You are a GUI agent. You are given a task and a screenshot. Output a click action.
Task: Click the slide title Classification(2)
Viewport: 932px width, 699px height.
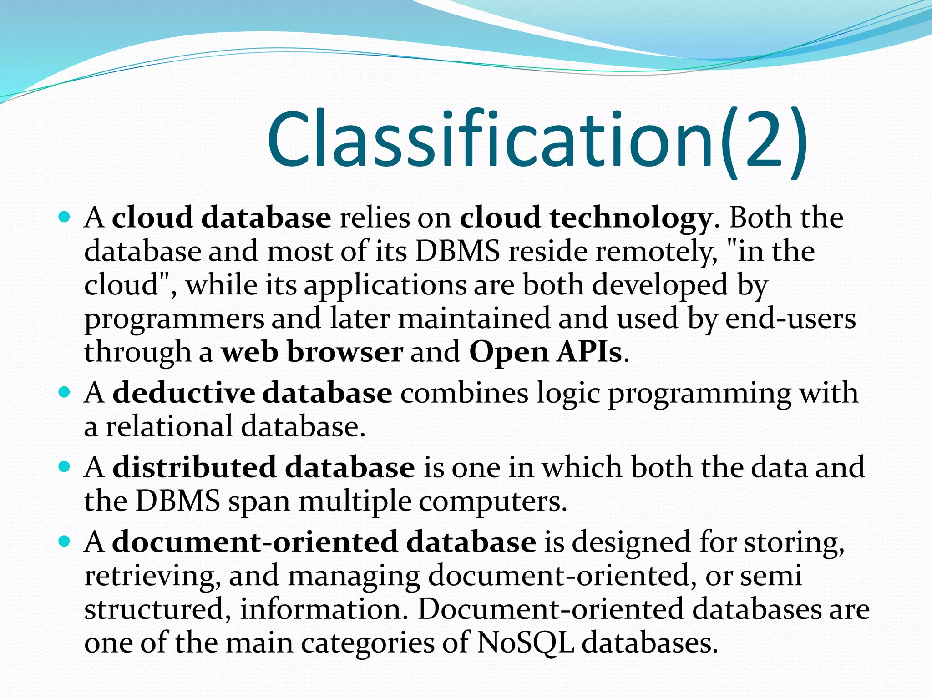537,139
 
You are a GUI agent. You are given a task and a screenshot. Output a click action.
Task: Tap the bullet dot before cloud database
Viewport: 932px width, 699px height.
65,217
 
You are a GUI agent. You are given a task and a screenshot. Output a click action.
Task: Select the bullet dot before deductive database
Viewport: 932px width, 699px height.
65,392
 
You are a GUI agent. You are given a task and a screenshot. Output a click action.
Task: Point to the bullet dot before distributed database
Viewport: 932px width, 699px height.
65,466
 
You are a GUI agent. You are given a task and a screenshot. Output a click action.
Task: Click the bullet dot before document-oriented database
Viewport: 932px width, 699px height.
65,541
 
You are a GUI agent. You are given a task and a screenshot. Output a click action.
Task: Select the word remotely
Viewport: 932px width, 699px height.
656,251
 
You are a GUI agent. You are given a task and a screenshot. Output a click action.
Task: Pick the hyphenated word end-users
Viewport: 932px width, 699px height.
790,319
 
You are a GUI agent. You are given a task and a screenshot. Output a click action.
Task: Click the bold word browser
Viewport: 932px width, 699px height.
344,352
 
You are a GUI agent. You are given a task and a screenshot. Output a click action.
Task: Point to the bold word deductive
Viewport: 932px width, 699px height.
183,392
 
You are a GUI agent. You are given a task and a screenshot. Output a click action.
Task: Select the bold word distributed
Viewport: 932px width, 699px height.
194,467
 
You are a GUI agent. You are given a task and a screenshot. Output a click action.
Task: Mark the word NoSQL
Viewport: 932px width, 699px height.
525,643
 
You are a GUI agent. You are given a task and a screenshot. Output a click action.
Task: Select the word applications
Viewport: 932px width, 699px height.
385,286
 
